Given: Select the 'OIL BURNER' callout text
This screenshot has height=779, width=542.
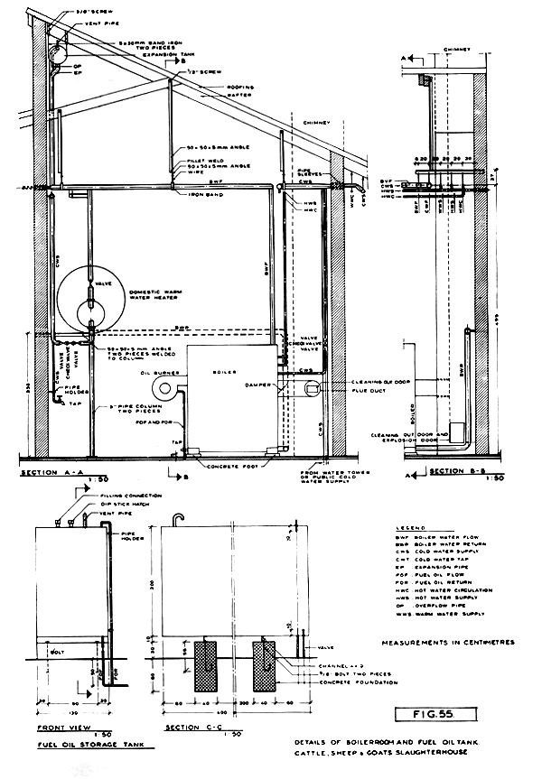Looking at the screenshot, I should click(x=157, y=371).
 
